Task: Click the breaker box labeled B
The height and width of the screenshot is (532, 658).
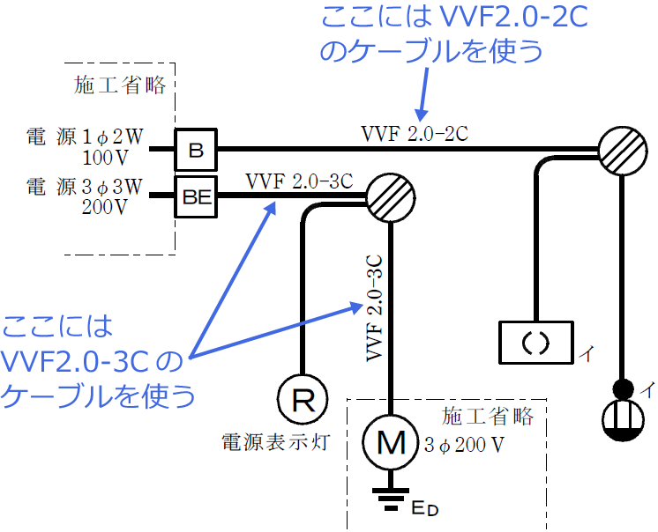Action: [x=197, y=150]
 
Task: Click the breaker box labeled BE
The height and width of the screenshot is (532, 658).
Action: [x=197, y=198]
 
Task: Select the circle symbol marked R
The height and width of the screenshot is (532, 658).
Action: [x=303, y=401]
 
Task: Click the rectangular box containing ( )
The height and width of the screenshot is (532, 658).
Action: [x=535, y=341]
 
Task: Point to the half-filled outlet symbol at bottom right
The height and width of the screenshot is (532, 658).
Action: [x=624, y=421]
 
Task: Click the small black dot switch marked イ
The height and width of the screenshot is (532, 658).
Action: [x=624, y=387]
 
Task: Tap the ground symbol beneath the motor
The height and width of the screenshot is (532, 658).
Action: [x=389, y=499]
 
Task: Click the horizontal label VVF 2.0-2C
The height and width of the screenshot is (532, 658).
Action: [x=414, y=134]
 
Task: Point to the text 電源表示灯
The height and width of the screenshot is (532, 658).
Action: [x=275, y=441]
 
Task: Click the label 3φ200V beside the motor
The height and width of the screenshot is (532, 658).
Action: [x=465, y=445]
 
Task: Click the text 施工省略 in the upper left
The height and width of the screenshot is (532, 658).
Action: [x=121, y=85]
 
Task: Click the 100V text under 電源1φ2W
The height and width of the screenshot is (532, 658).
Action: [x=105, y=159]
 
